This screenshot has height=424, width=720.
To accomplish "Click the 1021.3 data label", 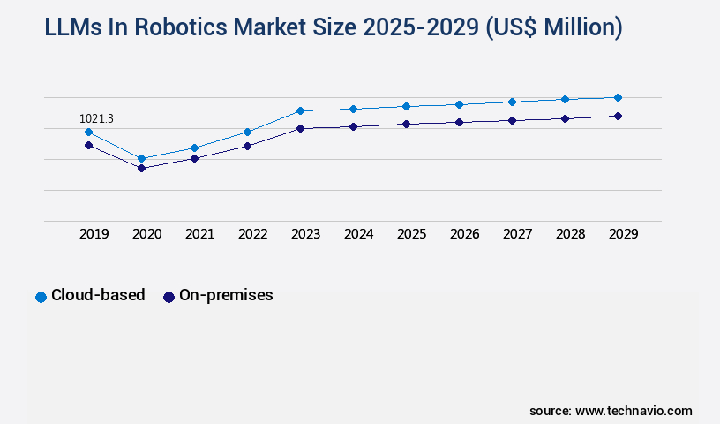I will coord(96,118).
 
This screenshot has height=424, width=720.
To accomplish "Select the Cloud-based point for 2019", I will coord(88,132).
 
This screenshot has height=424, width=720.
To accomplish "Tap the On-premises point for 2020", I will coord(141,168).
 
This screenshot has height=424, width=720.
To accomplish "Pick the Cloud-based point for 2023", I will coord(300,110).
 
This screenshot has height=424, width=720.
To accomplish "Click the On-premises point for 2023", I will coord(300,128).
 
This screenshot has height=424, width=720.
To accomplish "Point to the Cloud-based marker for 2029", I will coord(618,97).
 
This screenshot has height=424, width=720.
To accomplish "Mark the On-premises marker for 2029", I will coord(618,116).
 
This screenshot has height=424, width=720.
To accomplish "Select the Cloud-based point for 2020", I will coord(141,159).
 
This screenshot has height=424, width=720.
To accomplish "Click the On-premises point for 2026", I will coord(459,122).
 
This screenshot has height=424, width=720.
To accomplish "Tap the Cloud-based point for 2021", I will coord(194,148).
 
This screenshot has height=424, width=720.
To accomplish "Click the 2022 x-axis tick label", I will coord(252,234).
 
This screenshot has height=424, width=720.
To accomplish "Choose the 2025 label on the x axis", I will coord(411,234).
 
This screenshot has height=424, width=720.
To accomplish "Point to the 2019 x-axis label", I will coord(94,234).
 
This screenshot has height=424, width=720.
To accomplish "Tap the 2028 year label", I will coord(570,234).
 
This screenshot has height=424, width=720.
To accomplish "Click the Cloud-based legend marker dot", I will coord(41,297).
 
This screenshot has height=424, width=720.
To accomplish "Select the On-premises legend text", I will coord(226,296).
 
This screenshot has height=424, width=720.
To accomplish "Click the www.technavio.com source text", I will coord(634,411).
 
